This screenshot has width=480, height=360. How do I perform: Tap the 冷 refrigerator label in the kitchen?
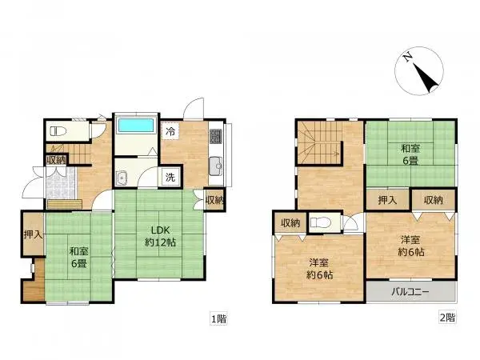170,130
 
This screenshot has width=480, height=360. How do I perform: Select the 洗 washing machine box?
170,178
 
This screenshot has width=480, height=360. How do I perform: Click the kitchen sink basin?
215,167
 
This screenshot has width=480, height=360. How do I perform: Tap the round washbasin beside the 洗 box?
122,178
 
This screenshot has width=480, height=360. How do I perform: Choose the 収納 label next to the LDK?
214,200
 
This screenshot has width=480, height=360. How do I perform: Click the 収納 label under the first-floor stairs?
55,160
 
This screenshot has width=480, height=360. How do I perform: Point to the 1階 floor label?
218,318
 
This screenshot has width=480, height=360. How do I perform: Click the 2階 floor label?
447,318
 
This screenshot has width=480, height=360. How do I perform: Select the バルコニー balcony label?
410,292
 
